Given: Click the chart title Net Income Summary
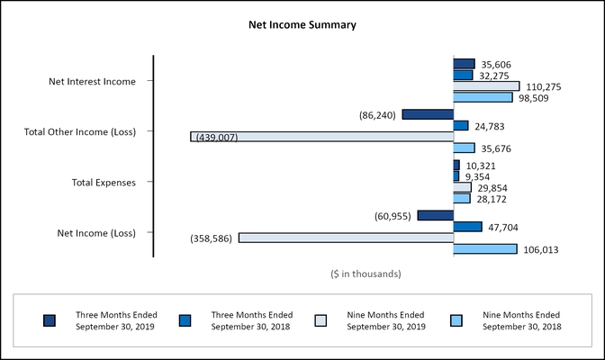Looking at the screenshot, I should tap(302, 25).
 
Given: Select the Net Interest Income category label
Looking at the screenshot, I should tap(92, 81).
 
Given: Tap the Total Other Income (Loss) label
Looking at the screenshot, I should tap(79, 131).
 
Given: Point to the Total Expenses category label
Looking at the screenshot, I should tap(104, 183).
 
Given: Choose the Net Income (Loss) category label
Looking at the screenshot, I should tap(95, 233).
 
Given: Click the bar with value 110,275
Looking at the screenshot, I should tap(486, 86).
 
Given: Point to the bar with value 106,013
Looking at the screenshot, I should tap(484, 249).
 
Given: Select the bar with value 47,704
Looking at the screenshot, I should tap(467, 227).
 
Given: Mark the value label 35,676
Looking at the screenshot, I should tap(499, 148).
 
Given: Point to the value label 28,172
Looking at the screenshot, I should tap(495, 199).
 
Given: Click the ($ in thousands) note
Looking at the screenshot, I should tap(366, 274).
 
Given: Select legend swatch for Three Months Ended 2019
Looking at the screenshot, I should tap(50, 320).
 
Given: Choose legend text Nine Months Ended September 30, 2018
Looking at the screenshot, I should tap(522, 320).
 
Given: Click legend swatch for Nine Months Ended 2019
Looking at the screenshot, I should tap(320, 320).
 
